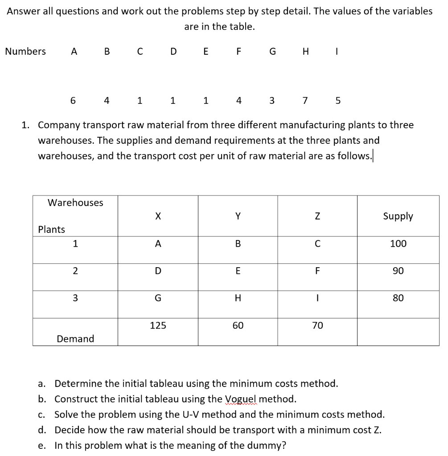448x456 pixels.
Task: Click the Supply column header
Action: coord(398,216)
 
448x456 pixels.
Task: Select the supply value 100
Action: coord(398,244)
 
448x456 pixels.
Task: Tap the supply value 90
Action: coord(398,271)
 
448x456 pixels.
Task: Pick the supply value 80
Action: coord(398,298)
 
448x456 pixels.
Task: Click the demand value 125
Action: coord(158,326)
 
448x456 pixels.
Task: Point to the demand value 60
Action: coord(238,326)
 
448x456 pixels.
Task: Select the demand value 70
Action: coord(317,326)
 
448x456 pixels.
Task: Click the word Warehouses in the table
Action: coord(75,203)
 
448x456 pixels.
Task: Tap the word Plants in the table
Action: coord(51,229)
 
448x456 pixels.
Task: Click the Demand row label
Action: coord(75,339)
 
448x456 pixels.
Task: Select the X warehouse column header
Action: coord(157,216)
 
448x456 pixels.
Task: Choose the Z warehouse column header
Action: coord(317,216)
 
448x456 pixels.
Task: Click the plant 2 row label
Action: coord(75,271)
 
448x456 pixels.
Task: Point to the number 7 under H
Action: coord(305,101)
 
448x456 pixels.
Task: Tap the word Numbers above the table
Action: coord(25,52)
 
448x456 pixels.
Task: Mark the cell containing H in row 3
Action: coord(238,298)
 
